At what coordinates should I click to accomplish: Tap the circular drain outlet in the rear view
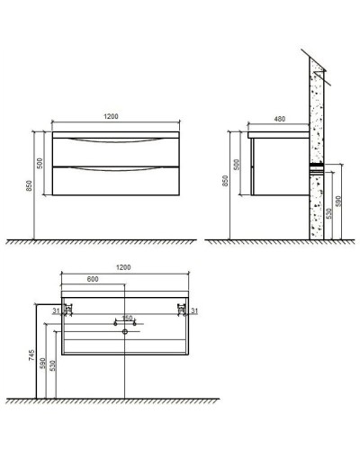[x=124, y=330]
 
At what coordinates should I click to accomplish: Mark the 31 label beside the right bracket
[x=196, y=311]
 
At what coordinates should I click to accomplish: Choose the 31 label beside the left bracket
[x=56, y=311]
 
